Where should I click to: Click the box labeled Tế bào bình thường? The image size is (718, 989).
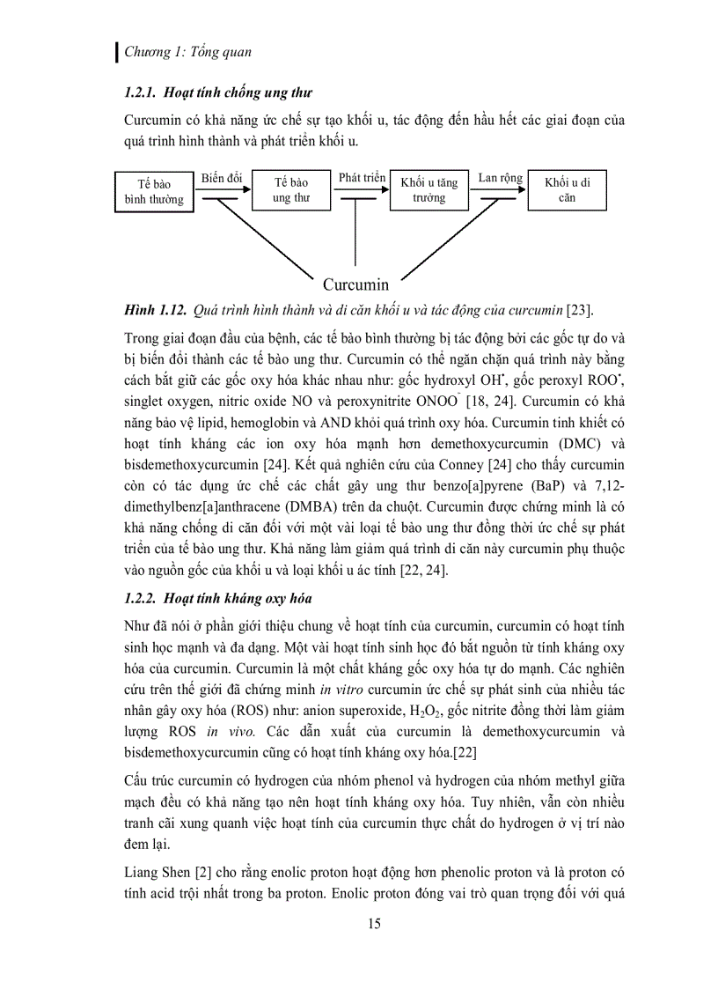(154, 191)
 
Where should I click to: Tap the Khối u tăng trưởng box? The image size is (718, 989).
(429, 189)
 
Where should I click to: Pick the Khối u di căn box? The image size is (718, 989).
(567, 189)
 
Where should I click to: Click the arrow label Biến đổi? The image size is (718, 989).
(221, 178)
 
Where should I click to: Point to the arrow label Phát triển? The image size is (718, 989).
(362, 178)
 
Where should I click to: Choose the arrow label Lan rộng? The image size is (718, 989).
(500, 178)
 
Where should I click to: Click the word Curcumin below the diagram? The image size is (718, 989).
(355, 284)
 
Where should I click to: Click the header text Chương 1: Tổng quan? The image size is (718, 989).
(187, 52)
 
